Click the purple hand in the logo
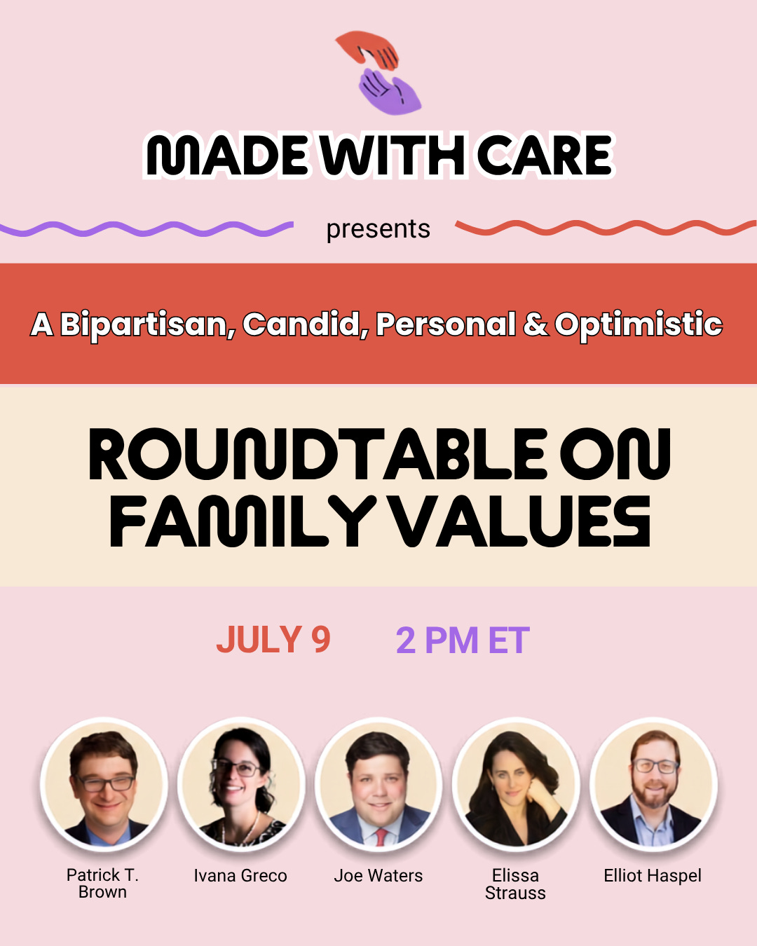pos(389,91)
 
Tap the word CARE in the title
pos(545,155)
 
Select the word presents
pos(378,229)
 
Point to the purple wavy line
pos(146,228)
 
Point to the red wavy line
pos(606,227)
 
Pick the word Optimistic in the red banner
pos(639,325)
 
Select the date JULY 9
pos(273,640)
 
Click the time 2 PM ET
pos(463,640)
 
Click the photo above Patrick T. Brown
pos(104,784)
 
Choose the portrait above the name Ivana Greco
pos(241,784)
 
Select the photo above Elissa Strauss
pos(515,784)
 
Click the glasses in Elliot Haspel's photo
pos(655,766)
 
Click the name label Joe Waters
pos(378,876)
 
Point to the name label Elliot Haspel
pos(653,876)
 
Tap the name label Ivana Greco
pos(240,876)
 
